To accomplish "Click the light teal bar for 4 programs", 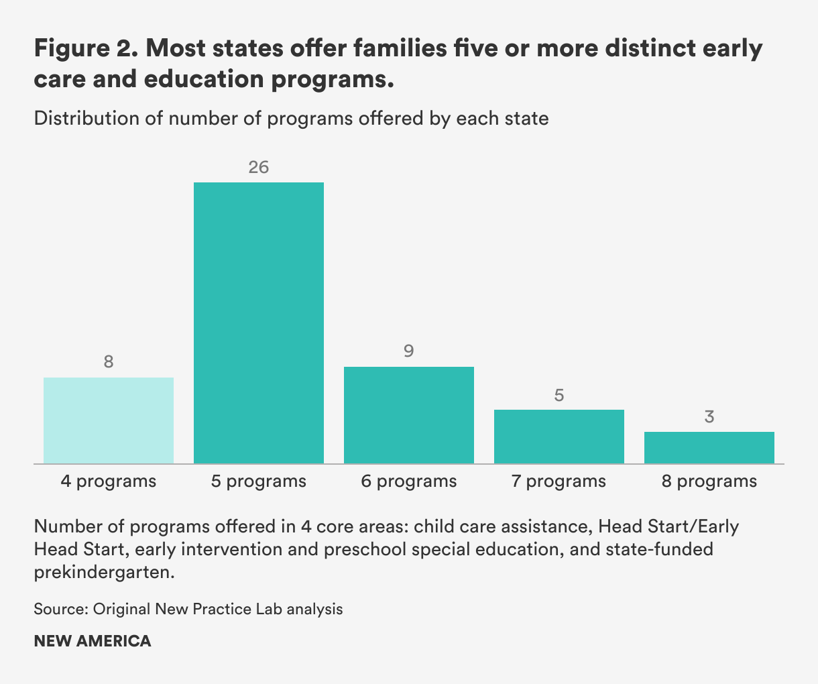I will [109, 420].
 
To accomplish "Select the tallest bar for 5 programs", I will [259, 323].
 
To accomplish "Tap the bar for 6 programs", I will [409, 415].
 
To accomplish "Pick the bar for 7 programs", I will [559, 437].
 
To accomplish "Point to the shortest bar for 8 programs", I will [709, 447].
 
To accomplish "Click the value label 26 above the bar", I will [259, 167].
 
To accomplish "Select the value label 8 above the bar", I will [109, 362].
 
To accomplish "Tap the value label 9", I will [409, 351].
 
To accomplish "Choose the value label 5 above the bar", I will [559, 395].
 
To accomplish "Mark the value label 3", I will [709, 417].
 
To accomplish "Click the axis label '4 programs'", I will [109, 481].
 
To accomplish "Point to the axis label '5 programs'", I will [259, 481].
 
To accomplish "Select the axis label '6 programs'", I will [409, 481].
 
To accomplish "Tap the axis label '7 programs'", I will [559, 481].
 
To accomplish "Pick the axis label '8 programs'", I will [709, 481].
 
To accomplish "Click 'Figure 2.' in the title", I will [84, 49].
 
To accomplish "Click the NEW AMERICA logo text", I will [93, 641].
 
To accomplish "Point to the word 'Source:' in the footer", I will [61, 609].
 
